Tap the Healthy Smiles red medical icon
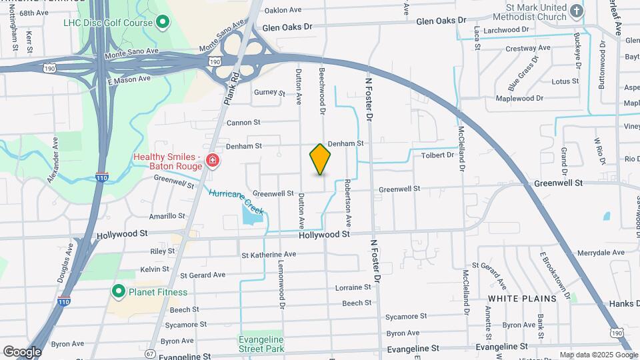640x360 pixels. pyautogui.click(x=212, y=161)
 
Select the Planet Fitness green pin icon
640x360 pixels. pyautogui.click(x=119, y=291)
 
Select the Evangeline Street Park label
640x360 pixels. pyautogui.click(x=261, y=343)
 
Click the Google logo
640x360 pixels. pyautogui.click(x=21, y=351)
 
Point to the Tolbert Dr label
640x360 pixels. pyautogui.click(x=437, y=155)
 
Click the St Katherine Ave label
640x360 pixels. pyautogui.click(x=269, y=255)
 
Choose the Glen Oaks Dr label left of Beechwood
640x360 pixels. pyautogui.click(x=287, y=28)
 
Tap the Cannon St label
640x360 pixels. pyautogui.click(x=243, y=123)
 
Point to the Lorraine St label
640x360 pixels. pyautogui.click(x=353, y=287)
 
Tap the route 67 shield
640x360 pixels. pyautogui.click(x=150, y=353)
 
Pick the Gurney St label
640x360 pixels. pyautogui.click(x=269, y=93)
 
